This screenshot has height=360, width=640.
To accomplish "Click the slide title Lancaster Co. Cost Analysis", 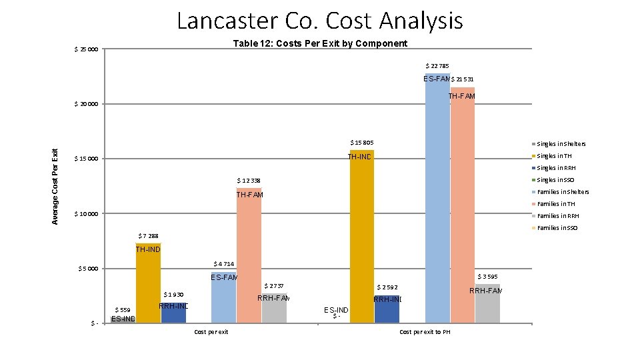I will (319, 21).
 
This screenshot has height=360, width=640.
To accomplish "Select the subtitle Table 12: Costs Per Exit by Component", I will (320, 43).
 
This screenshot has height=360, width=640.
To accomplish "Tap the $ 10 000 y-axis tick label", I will (85, 214).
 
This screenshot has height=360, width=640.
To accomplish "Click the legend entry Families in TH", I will (556, 204).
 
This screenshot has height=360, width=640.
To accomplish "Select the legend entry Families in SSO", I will (558, 228).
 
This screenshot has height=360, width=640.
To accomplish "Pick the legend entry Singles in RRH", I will (556, 168).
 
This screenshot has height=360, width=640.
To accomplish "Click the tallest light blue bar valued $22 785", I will (437, 200).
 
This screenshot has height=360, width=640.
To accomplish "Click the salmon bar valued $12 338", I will (249, 260).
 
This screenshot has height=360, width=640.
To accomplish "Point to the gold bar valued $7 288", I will (148, 287).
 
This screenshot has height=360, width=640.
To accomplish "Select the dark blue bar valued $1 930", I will (173, 313).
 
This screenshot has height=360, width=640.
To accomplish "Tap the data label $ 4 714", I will (223, 264).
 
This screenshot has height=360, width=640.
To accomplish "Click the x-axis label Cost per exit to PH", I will (425, 332).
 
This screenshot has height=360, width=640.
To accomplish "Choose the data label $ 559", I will (123, 309).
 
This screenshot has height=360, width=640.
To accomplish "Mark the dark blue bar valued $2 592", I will (387, 311).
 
